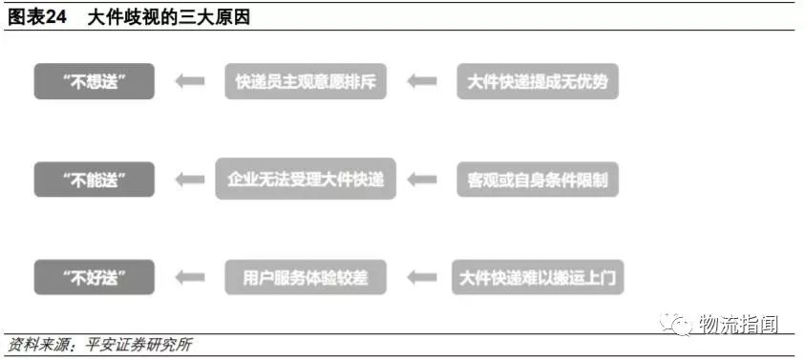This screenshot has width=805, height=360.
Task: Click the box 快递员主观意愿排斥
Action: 306,81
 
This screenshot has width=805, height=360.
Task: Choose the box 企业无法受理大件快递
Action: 306,180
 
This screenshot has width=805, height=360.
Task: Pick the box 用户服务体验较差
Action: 306,278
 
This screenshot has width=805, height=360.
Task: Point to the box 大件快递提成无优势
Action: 538,81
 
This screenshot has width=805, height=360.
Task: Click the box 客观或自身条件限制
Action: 538,180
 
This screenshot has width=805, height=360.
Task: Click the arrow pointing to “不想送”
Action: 190,81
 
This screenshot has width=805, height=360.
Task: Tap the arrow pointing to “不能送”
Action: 190,180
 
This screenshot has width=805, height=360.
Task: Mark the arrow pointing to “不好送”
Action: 190,278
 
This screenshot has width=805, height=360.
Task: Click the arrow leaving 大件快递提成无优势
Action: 421,81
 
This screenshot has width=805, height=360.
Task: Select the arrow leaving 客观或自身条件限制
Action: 421,180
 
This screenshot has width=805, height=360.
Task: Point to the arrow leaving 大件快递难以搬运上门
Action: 421,278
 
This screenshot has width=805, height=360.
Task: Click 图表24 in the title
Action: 36,16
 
